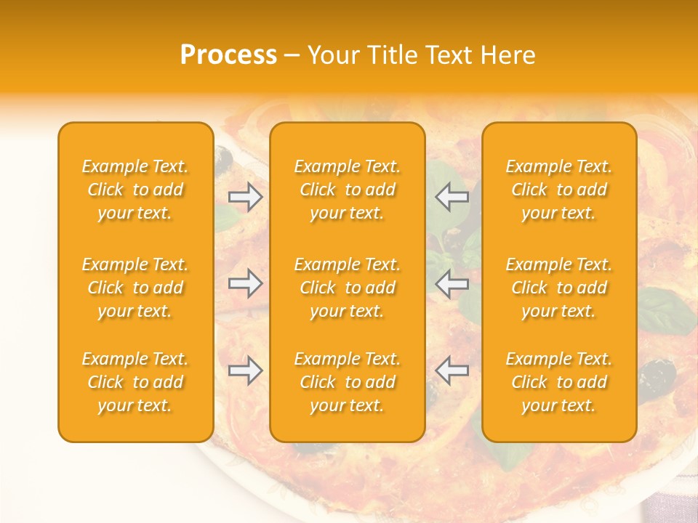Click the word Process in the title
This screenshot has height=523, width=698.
coord(228,55)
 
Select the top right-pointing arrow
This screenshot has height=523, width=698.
coord(246,197)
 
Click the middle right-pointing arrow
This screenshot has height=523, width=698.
coord(246,283)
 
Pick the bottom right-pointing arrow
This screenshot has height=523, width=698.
coord(246,370)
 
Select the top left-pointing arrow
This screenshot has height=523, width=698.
coord(452,197)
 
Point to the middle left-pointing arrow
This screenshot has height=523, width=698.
coord(452,283)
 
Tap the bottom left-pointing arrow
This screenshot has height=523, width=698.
coord(452,370)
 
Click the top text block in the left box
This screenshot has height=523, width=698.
coord(135,190)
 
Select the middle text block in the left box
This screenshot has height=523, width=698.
coord(135,288)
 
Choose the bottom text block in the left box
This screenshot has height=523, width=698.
coord(135,382)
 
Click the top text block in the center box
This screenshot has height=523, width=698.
coord(348,190)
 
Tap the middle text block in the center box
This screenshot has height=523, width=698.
coord(348,288)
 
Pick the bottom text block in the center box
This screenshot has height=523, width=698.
coord(348,382)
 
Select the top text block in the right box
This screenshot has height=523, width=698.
coord(559,190)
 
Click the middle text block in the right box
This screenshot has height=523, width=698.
coord(559,288)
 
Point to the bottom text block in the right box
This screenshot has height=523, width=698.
coord(559,382)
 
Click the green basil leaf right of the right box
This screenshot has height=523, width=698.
coord(665,309)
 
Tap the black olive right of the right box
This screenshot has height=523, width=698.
coord(658,375)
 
